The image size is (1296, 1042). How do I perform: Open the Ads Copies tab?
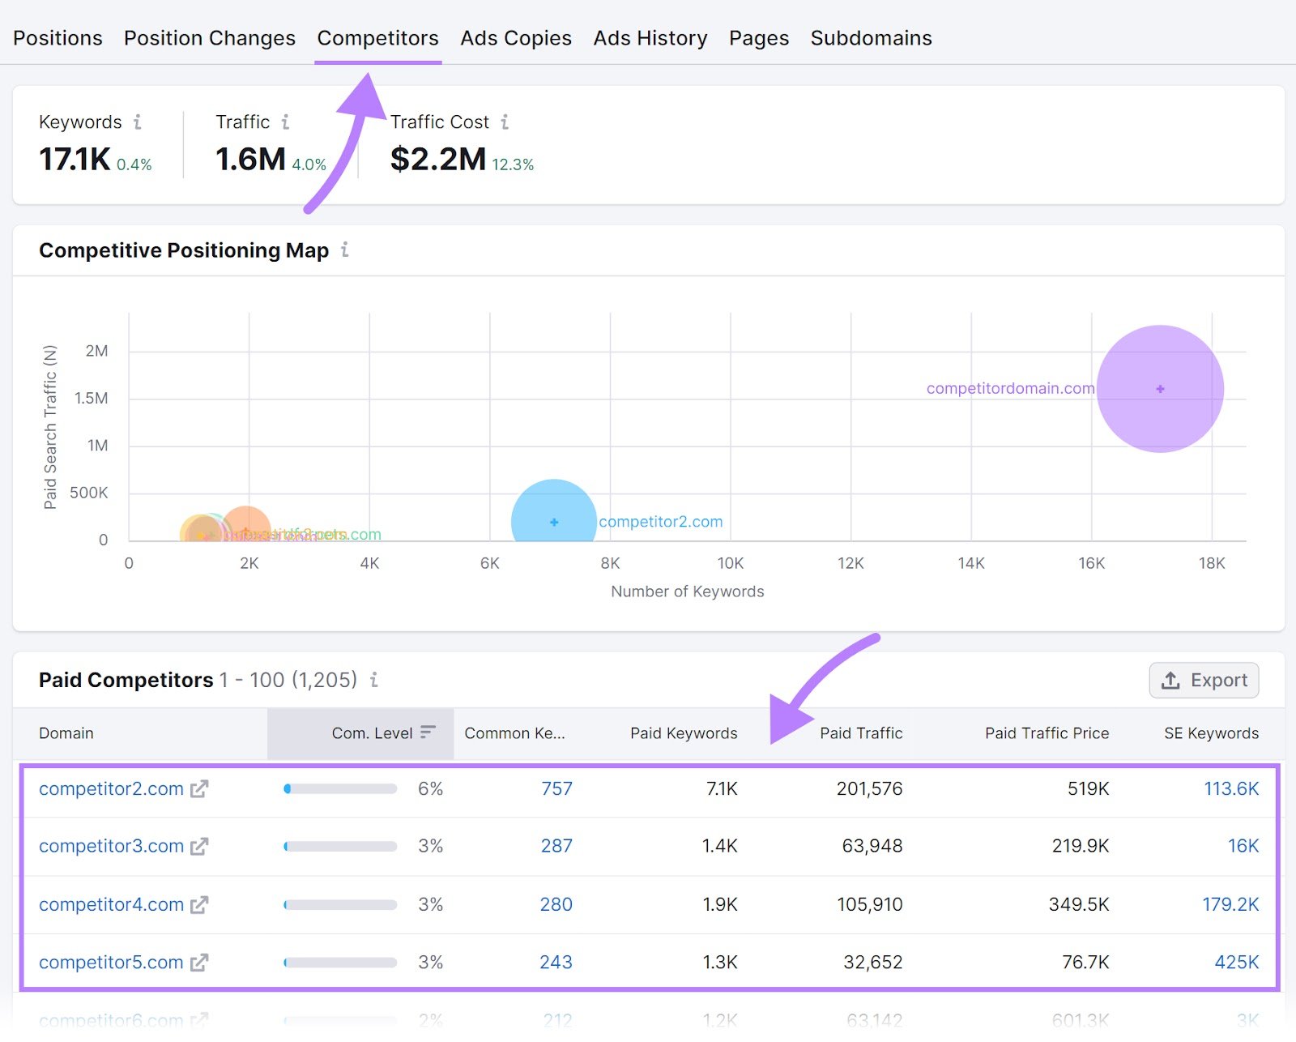point(516,38)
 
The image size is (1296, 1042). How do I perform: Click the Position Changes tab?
point(209,38)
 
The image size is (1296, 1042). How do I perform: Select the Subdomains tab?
point(871,38)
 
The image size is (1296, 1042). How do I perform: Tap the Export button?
point(1204,681)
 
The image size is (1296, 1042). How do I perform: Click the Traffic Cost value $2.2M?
point(437,159)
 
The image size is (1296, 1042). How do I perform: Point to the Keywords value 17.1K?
point(75,159)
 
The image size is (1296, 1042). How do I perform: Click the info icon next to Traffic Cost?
point(505,122)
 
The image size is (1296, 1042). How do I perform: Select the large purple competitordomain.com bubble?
point(1160,389)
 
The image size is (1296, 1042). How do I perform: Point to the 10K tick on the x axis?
point(730,563)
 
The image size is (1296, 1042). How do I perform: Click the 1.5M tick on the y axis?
point(91,399)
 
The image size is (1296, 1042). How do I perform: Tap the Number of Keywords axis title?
point(687,591)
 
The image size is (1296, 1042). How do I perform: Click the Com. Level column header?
point(372,733)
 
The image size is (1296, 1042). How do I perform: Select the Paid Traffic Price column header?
point(1047,733)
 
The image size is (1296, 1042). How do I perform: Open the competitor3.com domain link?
point(111,846)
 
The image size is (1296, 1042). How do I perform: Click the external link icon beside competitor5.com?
point(199,963)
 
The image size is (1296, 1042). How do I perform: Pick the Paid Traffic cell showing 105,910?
point(869,904)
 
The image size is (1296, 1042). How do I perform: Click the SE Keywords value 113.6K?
point(1230,788)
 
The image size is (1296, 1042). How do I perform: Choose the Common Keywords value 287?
point(556,846)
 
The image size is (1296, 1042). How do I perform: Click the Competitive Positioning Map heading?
point(184,250)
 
